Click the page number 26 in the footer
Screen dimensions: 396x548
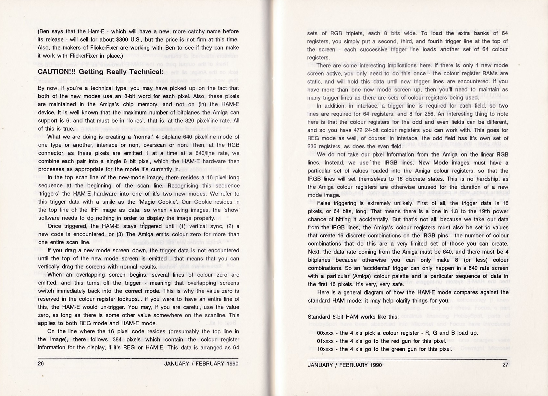41,364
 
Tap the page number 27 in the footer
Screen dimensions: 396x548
505,365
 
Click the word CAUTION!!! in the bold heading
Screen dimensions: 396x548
56,72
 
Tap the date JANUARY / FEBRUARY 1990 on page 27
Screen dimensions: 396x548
345,365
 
